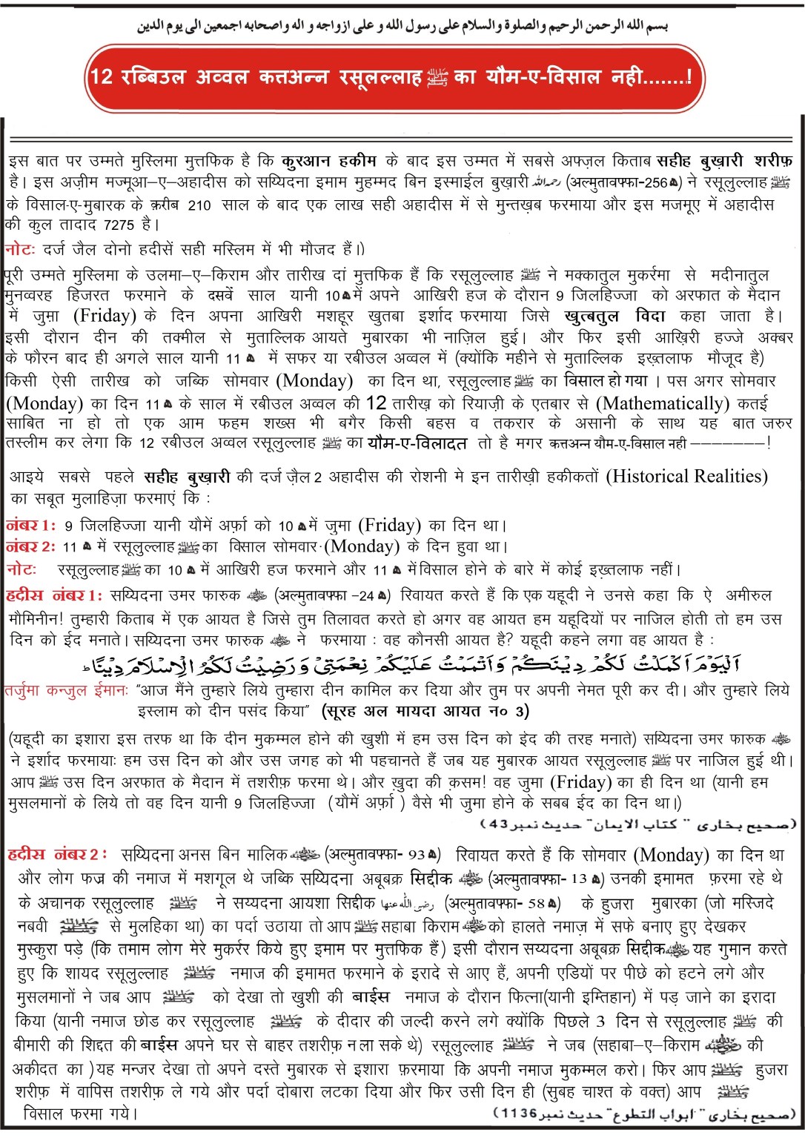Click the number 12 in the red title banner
click(x=101, y=76)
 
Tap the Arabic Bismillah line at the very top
click(x=402, y=27)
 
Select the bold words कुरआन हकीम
click(x=329, y=161)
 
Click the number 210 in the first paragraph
click(x=199, y=205)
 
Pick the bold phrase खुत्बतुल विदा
click(x=614, y=317)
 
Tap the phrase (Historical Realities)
click(x=686, y=476)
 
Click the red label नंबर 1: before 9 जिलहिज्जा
click(x=30, y=526)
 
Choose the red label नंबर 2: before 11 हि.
click(x=30, y=547)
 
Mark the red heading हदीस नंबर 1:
click(x=54, y=595)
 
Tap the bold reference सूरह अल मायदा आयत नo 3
click(x=426, y=712)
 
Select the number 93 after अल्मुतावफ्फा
click(x=417, y=856)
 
